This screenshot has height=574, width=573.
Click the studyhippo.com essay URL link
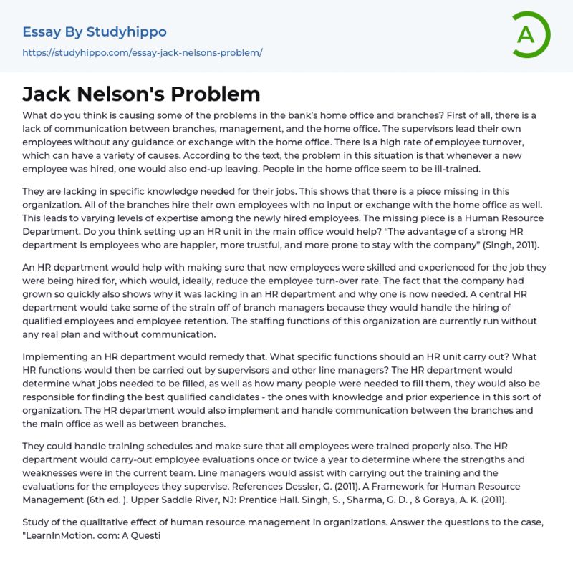click(143, 53)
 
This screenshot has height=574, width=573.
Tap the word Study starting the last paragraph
click(37, 522)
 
